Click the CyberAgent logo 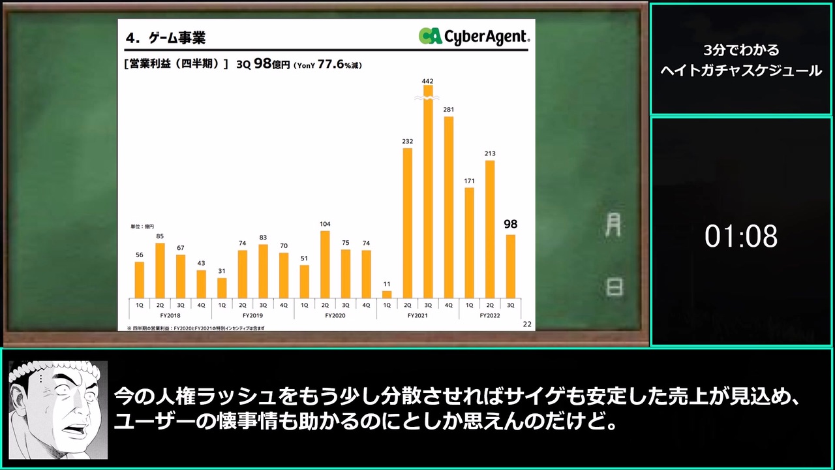coord(474,36)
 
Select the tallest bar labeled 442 coord(429,192)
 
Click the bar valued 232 coord(408,223)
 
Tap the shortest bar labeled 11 coord(387,294)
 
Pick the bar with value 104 coord(325,265)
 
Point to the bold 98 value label coord(511,224)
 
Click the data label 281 coord(448,110)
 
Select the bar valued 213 coord(490,229)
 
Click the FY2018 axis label coord(170,315)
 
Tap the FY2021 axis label coord(417,315)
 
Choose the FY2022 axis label coord(490,315)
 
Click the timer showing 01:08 coord(741,236)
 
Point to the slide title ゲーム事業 coord(177,38)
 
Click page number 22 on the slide coord(527,324)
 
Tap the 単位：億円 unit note coord(142,227)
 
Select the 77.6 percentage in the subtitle coord(331,64)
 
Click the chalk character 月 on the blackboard coord(613,225)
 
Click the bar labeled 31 coord(222,289)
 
